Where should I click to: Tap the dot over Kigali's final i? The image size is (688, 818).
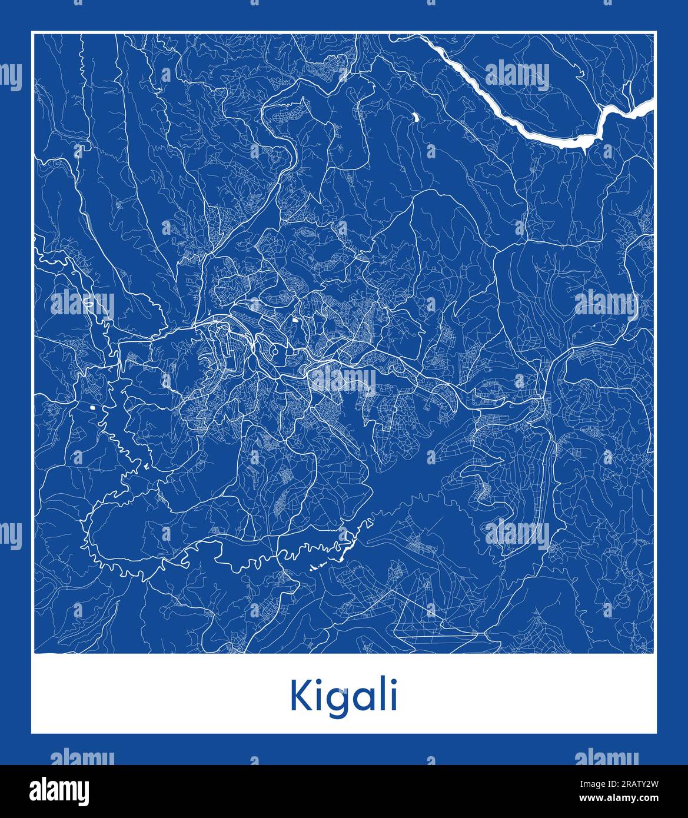point(393,683)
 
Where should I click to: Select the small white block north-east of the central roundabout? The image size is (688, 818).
point(294,321)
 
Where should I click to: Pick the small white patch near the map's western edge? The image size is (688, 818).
point(92,407)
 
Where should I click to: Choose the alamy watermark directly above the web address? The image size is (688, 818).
point(606,758)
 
